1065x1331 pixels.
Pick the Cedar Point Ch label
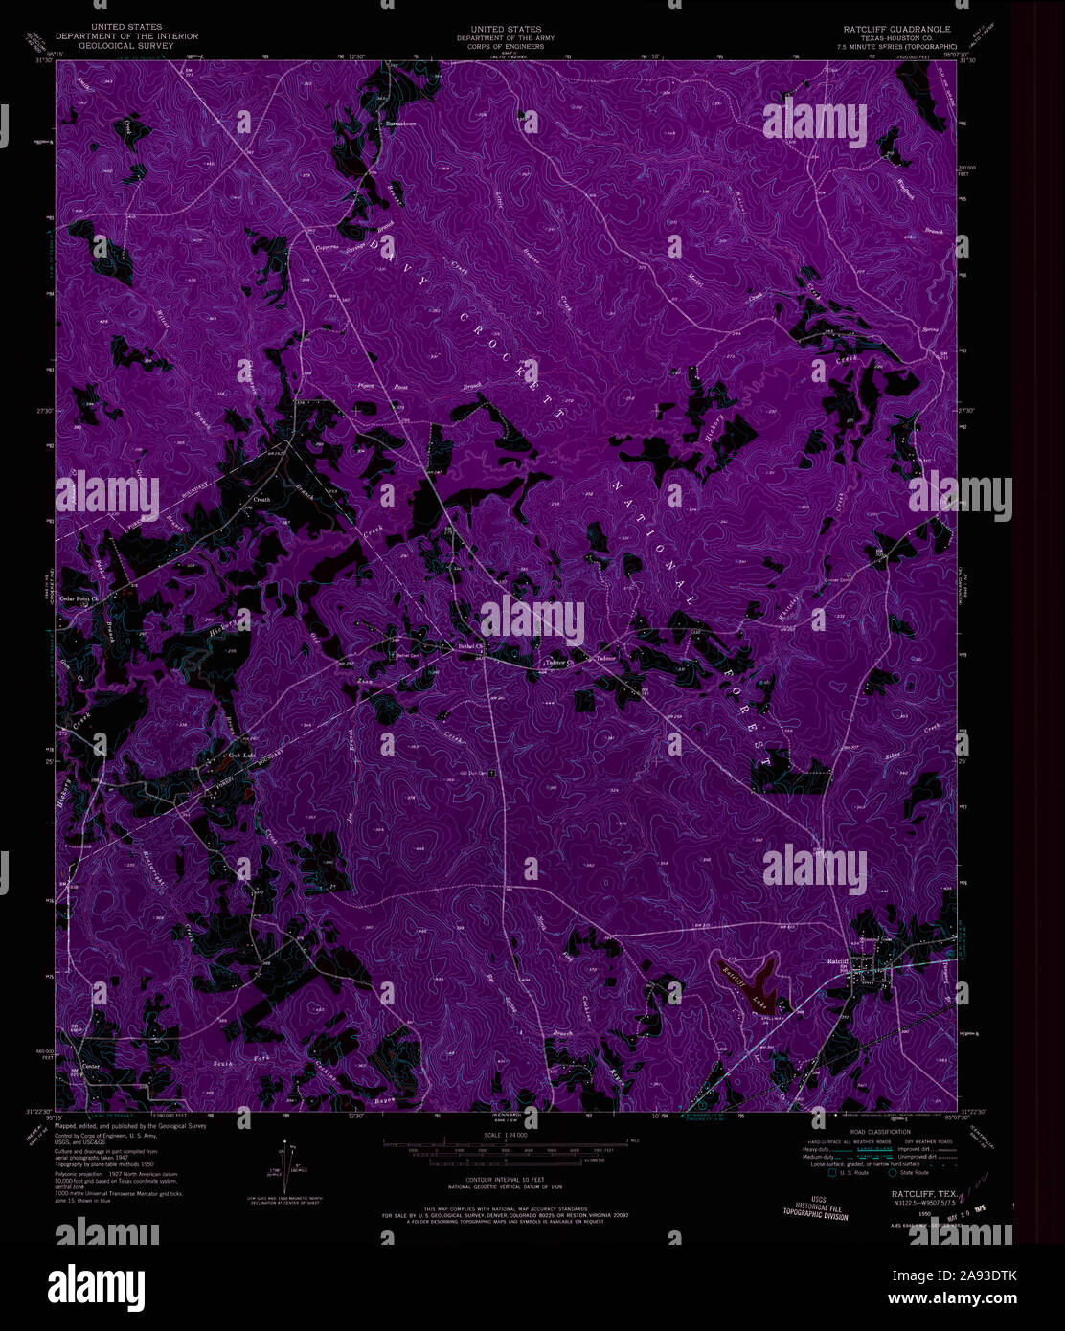click(81, 599)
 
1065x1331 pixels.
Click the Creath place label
click(261, 500)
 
